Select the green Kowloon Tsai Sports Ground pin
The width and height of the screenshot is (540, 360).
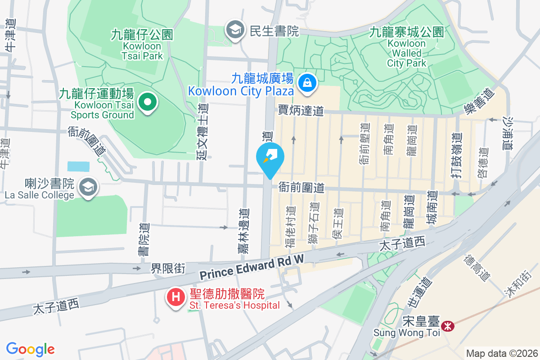[147, 102]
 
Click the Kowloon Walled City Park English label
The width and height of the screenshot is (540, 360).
[406, 54]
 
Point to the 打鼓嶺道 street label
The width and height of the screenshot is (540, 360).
[457, 154]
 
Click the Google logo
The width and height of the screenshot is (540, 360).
[30, 349]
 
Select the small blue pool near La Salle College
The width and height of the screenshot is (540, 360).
[78, 166]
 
